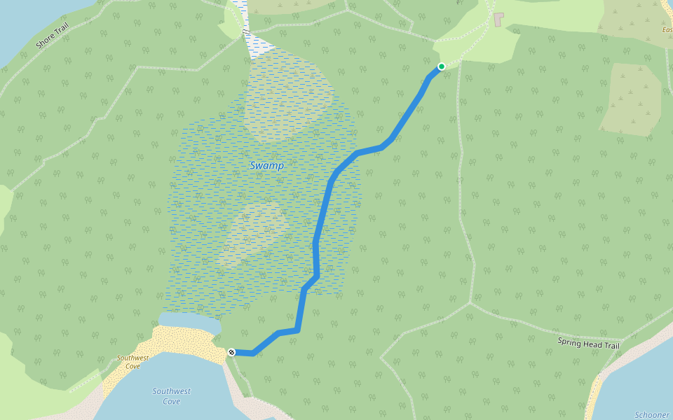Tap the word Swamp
[267, 166]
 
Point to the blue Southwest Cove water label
[172, 396]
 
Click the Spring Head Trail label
[589, 343]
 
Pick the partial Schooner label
[652, 415]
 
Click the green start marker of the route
[442, 66]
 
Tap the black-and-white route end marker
[231, 351]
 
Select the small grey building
[499, 19]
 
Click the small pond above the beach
[189, 323]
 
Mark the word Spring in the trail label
[571, 341]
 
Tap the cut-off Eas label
[667, 30]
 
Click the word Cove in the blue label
[172, 402]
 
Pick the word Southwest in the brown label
[132, 358]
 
